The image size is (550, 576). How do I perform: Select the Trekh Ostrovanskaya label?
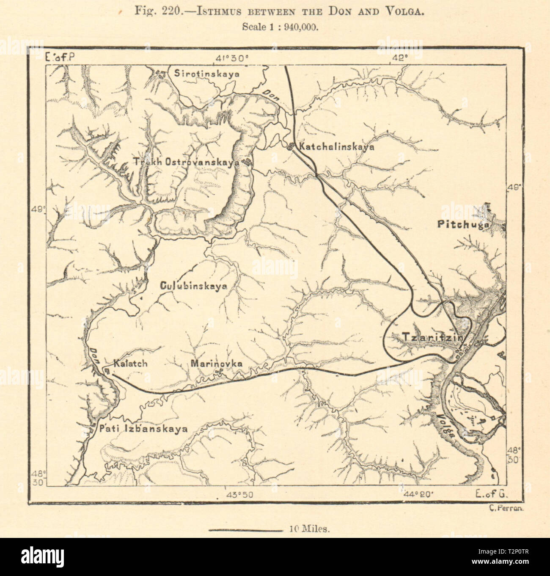[x=184, y=162]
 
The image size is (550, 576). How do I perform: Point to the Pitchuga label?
[x=462, y=225]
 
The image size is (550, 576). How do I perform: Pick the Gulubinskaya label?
[x=194, y=286]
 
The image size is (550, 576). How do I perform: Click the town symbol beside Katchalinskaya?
[x=291, y=147]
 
